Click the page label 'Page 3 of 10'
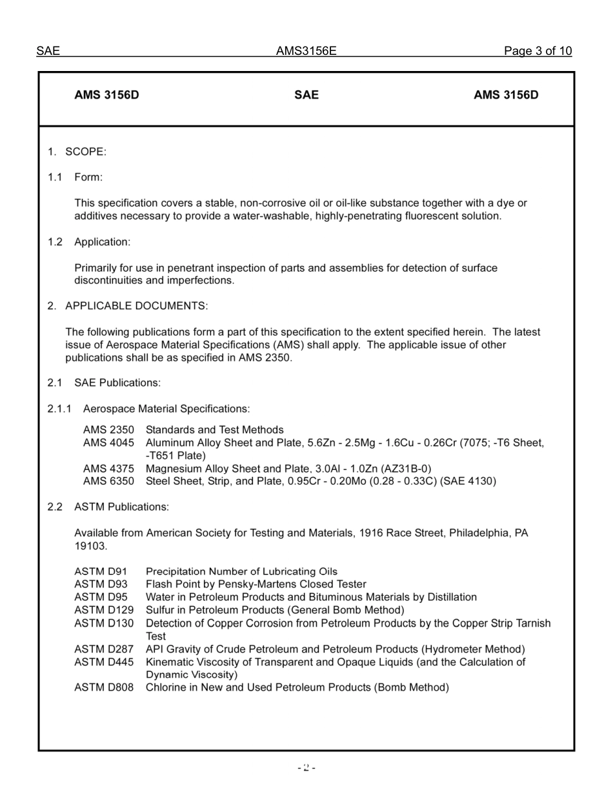(x=538, y=51)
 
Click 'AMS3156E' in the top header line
(x=306, y=51)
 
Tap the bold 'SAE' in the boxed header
(x=306, y=95)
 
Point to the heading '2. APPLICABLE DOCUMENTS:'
(x=128, y=305)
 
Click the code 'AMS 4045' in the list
(x=108, y=443)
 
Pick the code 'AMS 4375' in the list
(x=108, y=469)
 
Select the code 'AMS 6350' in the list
(x=108, y=482)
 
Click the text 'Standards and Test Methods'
(x=214, y=430)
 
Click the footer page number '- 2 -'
(x=306, y=768)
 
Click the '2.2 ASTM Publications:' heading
(x=108, y=507)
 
